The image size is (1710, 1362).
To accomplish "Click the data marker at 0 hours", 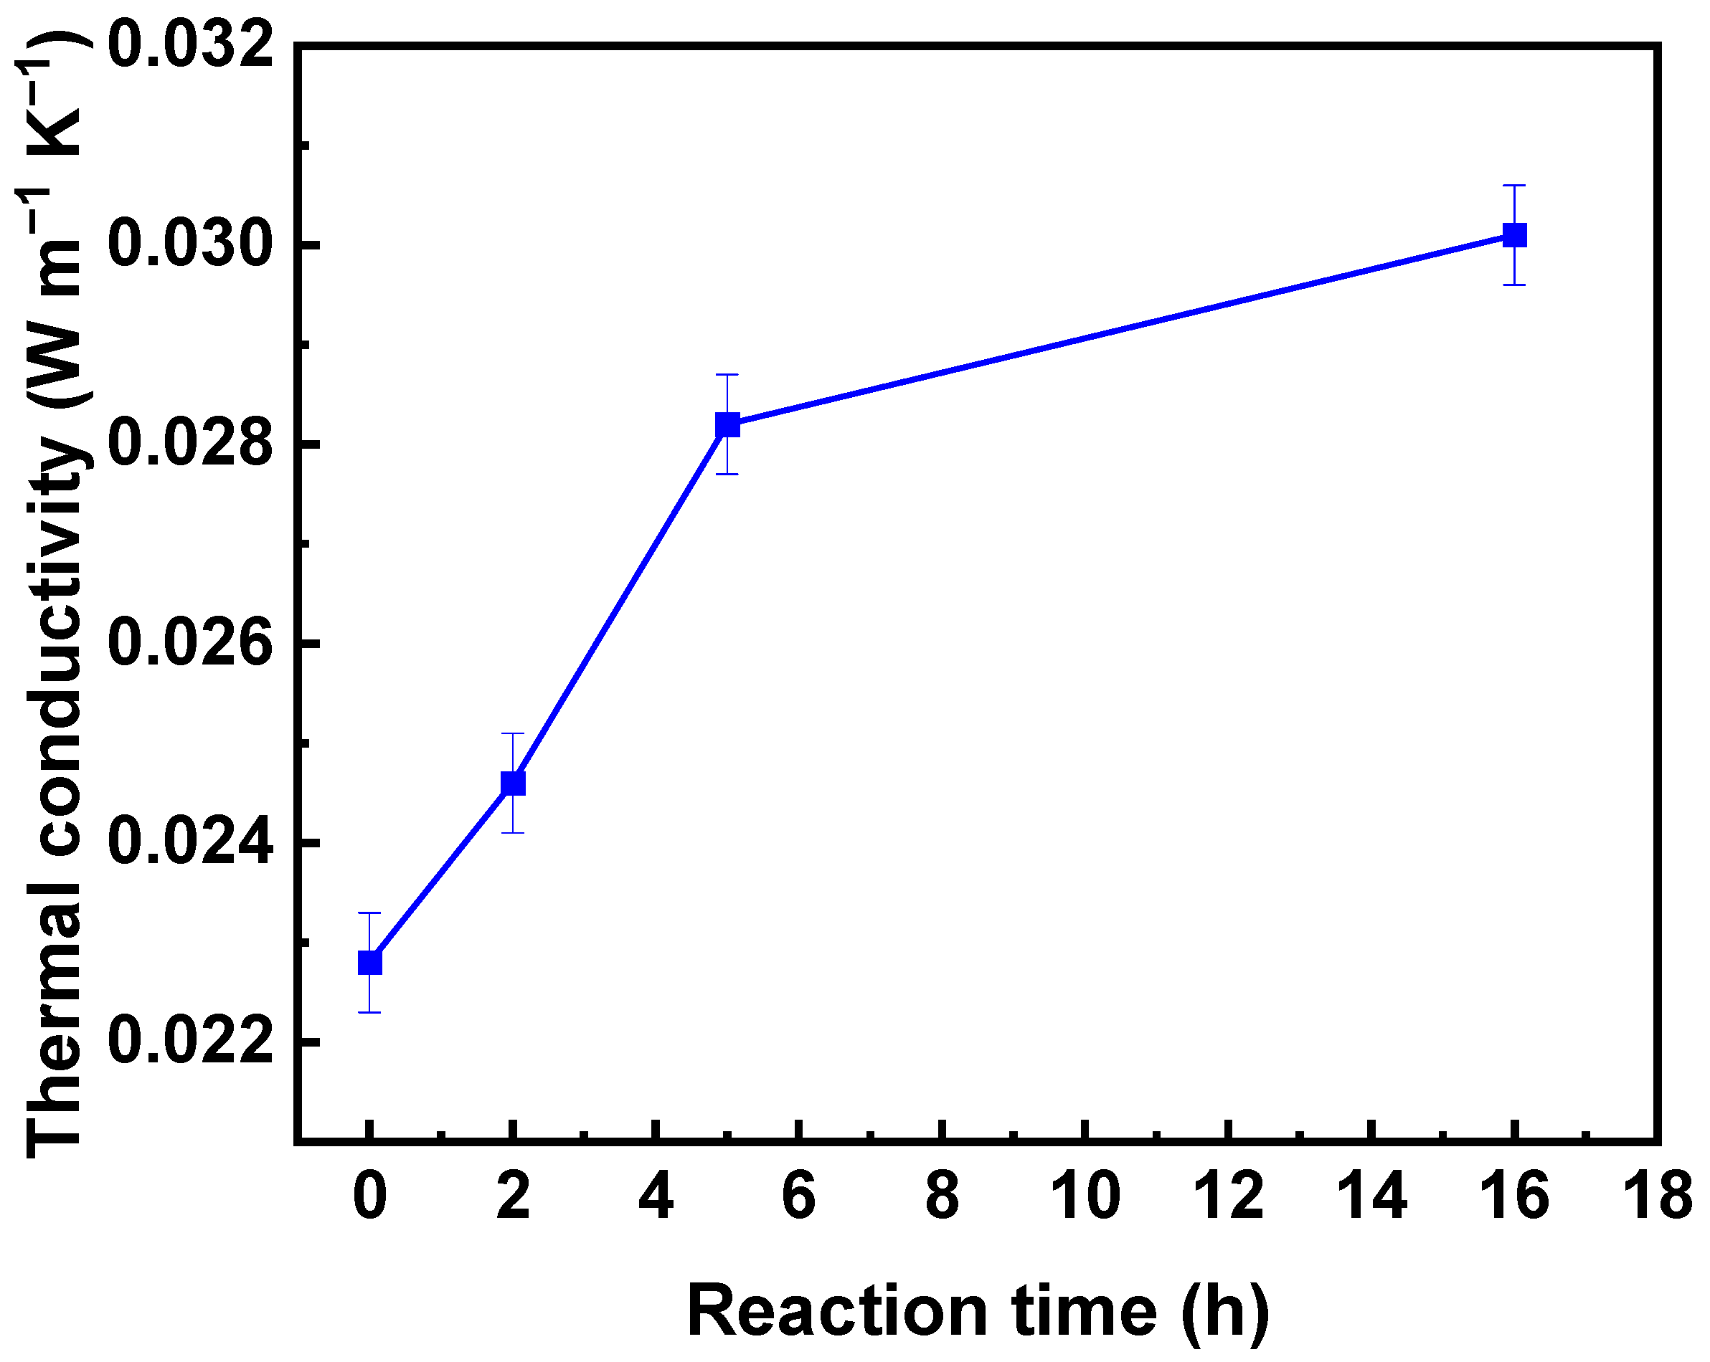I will click(369, 963).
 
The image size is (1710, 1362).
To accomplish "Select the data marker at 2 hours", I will click(513, 784).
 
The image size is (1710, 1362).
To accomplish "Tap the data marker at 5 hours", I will click(727, 424).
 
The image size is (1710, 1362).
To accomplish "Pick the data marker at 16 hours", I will click(1514, 234).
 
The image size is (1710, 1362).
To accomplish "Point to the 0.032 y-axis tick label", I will click(190, 45).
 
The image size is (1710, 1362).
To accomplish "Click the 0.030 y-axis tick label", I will click(190, 244).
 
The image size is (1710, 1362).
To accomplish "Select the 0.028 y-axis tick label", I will click(190, 444).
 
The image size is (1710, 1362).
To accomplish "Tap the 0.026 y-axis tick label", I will click(190, 643).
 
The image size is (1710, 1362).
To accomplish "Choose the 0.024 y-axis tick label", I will click(190, 843).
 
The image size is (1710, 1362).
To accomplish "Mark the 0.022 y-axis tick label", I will click(190, 1042).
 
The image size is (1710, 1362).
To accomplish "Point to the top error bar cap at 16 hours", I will click(1514, 186).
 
